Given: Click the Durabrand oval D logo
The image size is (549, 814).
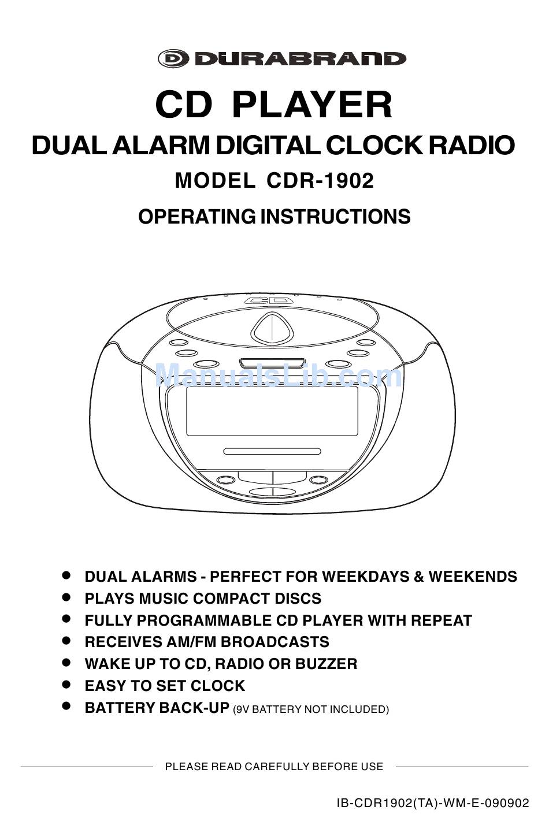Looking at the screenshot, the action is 173,59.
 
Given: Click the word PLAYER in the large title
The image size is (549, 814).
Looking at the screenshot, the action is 312,105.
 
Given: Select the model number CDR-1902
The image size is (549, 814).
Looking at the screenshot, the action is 320,181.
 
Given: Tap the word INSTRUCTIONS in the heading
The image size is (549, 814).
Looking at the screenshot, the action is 336,217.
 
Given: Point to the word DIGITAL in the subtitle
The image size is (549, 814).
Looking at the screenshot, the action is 268,146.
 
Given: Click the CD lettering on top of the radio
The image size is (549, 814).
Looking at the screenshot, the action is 268,300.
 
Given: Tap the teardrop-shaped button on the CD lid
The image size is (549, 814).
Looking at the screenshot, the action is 272,329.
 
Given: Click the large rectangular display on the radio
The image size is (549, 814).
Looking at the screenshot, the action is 272,411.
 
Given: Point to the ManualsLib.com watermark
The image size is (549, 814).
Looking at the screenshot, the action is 279,376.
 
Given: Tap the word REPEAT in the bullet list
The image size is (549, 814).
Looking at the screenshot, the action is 442,620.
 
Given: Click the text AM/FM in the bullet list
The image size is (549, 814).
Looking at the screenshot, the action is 192,642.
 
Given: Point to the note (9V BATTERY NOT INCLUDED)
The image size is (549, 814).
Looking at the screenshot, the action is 311,709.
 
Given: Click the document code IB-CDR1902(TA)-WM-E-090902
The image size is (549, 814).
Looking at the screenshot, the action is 433,803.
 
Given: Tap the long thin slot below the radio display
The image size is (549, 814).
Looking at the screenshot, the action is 272,451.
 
